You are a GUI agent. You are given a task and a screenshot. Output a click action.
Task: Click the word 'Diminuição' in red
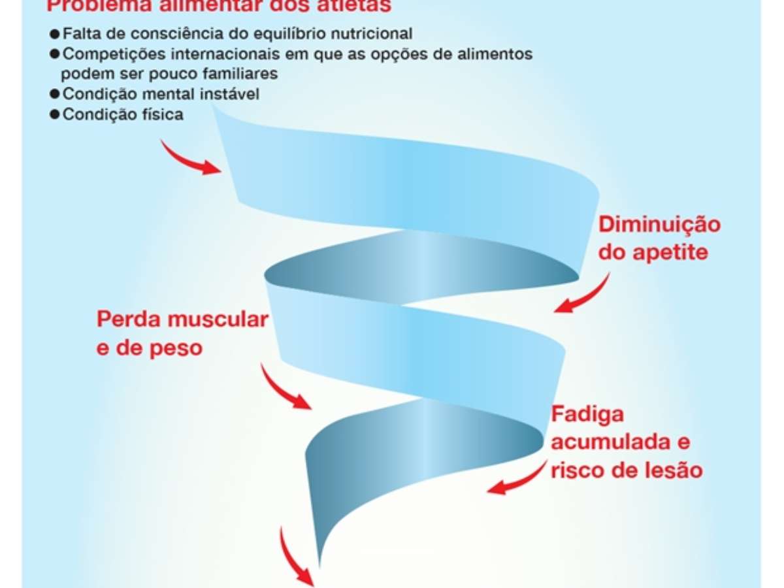660,225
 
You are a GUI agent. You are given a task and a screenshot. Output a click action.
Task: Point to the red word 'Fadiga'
588,415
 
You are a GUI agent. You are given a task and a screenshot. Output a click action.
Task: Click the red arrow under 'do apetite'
583,294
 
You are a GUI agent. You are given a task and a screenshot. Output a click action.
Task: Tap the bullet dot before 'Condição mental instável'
55,94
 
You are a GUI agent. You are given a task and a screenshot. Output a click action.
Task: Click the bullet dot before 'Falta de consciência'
55,33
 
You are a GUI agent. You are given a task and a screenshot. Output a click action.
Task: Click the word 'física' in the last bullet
163,114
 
